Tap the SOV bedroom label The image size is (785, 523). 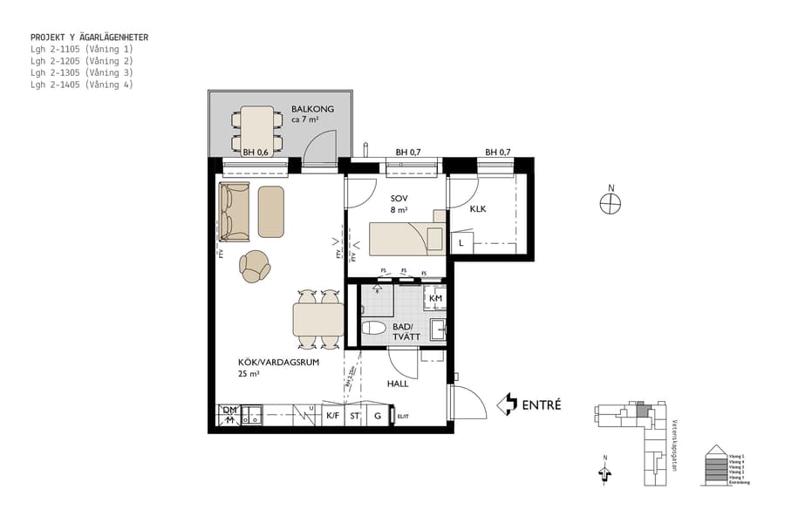coord(399,198)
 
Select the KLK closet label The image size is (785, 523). coord(478,209)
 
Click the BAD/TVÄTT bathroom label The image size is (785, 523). coord(406,332)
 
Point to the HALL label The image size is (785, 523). coord(398,384)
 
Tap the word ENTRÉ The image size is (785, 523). coord(541,404)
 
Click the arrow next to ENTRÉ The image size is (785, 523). coord(507,404)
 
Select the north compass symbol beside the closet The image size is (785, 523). coord(610,203)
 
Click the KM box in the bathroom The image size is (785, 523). coord(436,299)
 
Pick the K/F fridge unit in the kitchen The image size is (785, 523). coord(332,417)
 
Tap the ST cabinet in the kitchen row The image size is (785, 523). coord(355,417)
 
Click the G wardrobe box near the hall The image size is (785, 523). coord(378,417)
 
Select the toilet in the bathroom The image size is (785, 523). coord(372,329)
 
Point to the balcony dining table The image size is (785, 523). coord(257,129)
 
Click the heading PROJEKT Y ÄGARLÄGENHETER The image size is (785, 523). coord(89,37)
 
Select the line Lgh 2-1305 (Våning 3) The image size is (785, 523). coord(81,73)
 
